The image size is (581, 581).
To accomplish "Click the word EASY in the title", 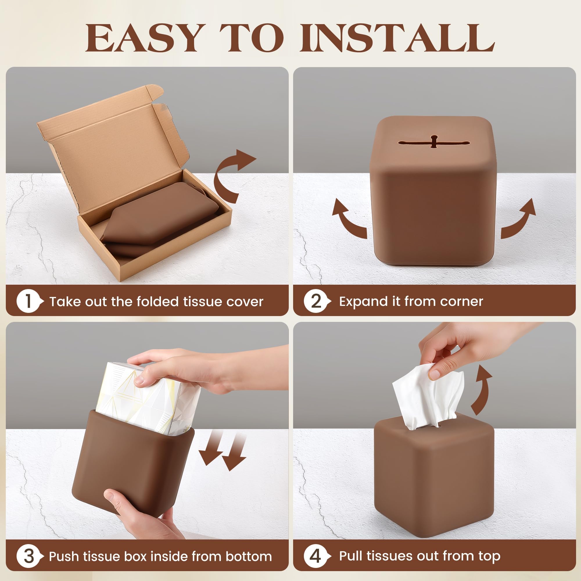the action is coord(143,38).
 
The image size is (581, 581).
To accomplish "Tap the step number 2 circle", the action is coord(316,302).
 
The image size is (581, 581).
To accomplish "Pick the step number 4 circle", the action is coord(316,557).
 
